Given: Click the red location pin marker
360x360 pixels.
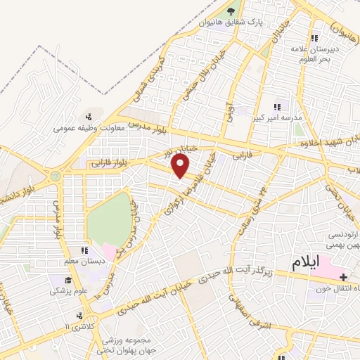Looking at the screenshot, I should (181, 167).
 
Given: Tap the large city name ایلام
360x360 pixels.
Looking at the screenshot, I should (310, 262).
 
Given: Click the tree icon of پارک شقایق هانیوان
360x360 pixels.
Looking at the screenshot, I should (230, 11).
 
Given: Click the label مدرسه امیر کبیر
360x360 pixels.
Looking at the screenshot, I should (279, 118).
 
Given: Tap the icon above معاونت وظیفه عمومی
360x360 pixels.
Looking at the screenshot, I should (88, 117).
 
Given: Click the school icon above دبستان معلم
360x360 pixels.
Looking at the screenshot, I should (84, 250).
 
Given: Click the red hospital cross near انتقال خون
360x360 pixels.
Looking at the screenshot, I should (343, 276).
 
